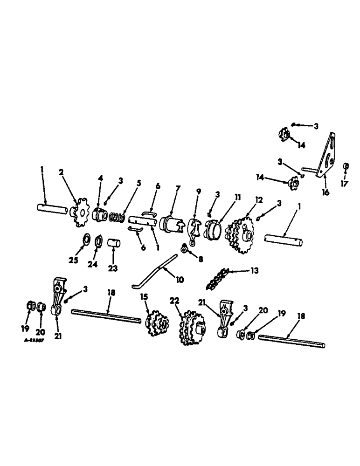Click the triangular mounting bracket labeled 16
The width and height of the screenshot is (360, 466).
327,154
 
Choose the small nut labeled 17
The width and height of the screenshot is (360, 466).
346,166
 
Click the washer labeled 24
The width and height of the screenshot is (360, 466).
99,241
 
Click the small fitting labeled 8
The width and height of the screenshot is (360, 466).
184,251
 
